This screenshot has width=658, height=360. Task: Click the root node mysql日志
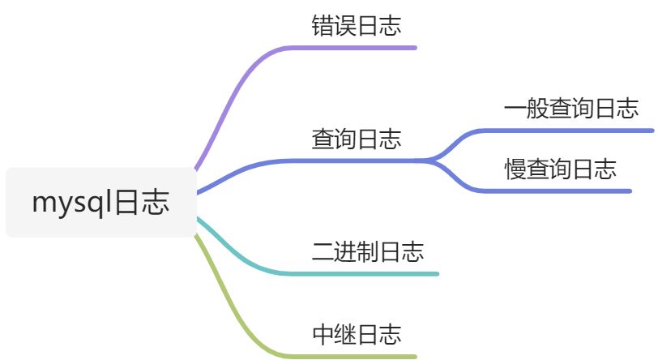tap(100, 203)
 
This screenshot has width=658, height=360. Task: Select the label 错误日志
tap(357, 26)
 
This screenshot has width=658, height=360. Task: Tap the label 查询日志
tap(357, 139)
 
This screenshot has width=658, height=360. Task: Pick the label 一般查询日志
tap(570, 109)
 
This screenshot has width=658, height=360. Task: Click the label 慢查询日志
tap(560, 169)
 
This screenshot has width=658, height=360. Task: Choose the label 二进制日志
tap(368, 251)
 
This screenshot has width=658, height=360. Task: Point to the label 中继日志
tap(357, 333)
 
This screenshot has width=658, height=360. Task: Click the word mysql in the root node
tap(72, 203)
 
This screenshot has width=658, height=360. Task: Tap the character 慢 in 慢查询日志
tap(514, 169)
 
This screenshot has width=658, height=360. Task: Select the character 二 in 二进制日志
tap(323, 251)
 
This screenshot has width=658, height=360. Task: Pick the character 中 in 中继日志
tap(323, 333)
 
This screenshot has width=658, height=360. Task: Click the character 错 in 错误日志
tap(323, 26)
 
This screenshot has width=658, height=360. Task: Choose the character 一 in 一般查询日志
tap(514, 109)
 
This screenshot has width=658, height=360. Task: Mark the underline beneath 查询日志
tap(357, 161)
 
